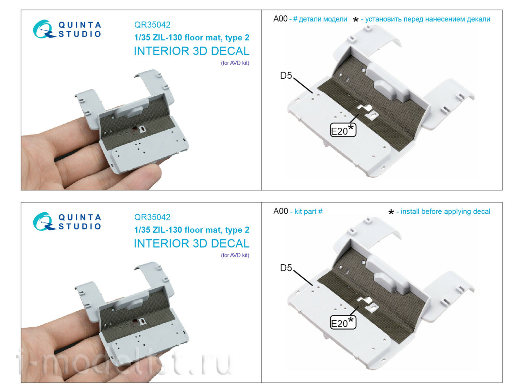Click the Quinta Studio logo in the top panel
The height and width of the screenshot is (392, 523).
[67, 29]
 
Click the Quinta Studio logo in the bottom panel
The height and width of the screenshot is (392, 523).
[67, 221]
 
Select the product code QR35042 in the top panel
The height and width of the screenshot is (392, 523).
[152, 25]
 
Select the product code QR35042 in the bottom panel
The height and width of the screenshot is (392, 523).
[152, 217]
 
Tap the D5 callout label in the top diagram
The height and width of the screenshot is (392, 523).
[286, 75]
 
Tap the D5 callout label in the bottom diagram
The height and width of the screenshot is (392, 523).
[286, 268]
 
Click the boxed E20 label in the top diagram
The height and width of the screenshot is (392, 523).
[343, 130]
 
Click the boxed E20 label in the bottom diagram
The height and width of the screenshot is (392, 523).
[343, 322]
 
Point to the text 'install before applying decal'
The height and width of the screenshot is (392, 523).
[445, 211]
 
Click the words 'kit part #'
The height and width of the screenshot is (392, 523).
[308, 211]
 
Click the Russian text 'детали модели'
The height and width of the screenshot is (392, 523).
[323, 19]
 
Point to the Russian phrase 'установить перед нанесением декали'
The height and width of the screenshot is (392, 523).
[428, 19]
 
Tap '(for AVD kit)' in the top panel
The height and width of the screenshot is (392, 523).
[235, 63]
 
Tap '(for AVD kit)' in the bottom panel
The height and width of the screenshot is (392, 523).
[235, 255]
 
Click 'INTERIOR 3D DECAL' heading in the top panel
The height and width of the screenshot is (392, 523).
[192, 51]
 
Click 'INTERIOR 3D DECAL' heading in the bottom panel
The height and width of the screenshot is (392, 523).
[192, 243]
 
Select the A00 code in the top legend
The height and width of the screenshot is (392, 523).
[280, 19]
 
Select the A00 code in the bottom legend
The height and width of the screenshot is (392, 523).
[280, 211]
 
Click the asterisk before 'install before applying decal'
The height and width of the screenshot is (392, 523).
[391, 212]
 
